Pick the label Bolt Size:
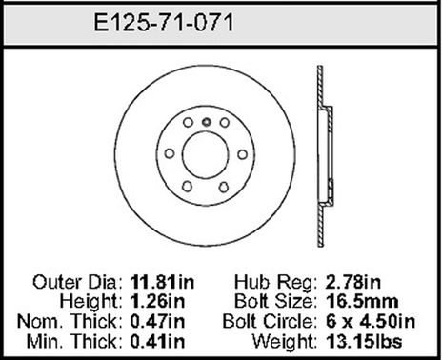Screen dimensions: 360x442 tap(274, 303)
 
